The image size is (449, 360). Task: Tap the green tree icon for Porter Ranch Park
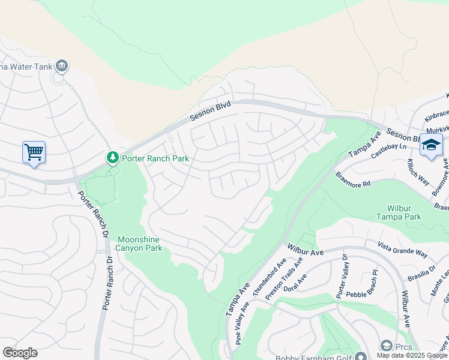pos(112,158)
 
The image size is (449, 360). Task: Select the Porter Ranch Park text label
pos(155,158)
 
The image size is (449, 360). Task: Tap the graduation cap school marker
pos(431,145)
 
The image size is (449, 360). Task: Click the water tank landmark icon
pos(61,65)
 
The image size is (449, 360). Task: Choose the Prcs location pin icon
pos(385,346)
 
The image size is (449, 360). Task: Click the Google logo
pos(20,353)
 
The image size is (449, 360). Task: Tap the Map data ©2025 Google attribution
pos(412,355)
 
